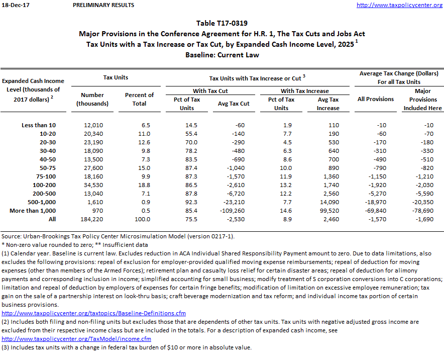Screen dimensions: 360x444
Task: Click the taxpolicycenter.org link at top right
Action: (400, 5)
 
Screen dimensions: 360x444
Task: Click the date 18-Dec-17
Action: (13, 5)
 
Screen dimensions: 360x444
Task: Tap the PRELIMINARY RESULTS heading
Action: (103, 5)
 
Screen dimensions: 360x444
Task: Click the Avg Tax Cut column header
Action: (234, 104)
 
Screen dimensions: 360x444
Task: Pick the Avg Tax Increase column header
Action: (328, 104)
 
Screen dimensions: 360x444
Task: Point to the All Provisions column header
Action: (375, 99)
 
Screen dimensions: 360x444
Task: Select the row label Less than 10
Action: (39, 125)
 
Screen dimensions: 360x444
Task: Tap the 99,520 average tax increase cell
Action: (327, 211)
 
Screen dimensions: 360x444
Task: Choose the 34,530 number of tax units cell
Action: (92, 185)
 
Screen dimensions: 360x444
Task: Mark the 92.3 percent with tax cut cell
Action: (187, 202)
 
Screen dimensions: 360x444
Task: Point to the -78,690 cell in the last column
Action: (422, 211)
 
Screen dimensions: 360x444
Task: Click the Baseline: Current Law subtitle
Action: (221, 55)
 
